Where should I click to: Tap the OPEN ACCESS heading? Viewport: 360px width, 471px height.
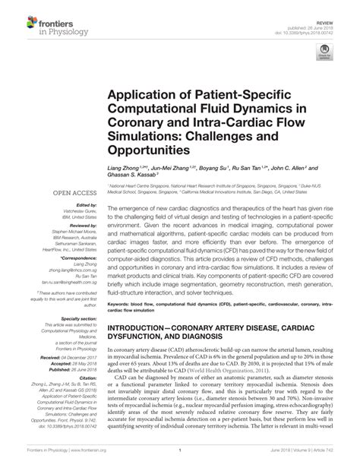coord(69,194)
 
